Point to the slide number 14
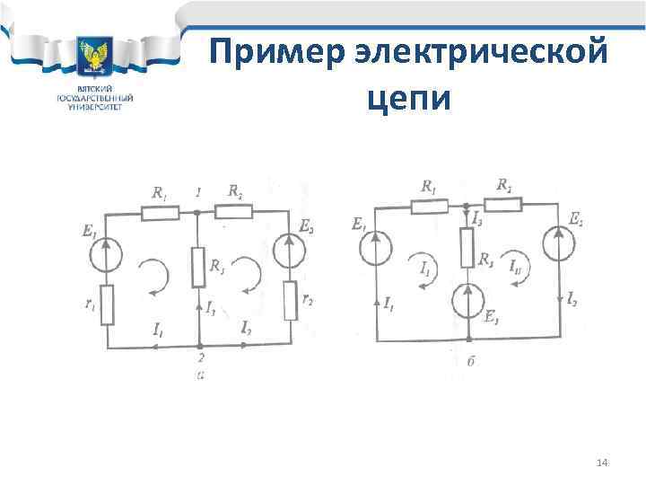point(602,462)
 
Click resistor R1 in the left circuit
point(161,212)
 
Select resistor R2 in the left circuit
point(234,212)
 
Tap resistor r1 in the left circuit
point(107,304)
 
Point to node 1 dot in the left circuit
point(196,213)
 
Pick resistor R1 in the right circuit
point(429,206)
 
